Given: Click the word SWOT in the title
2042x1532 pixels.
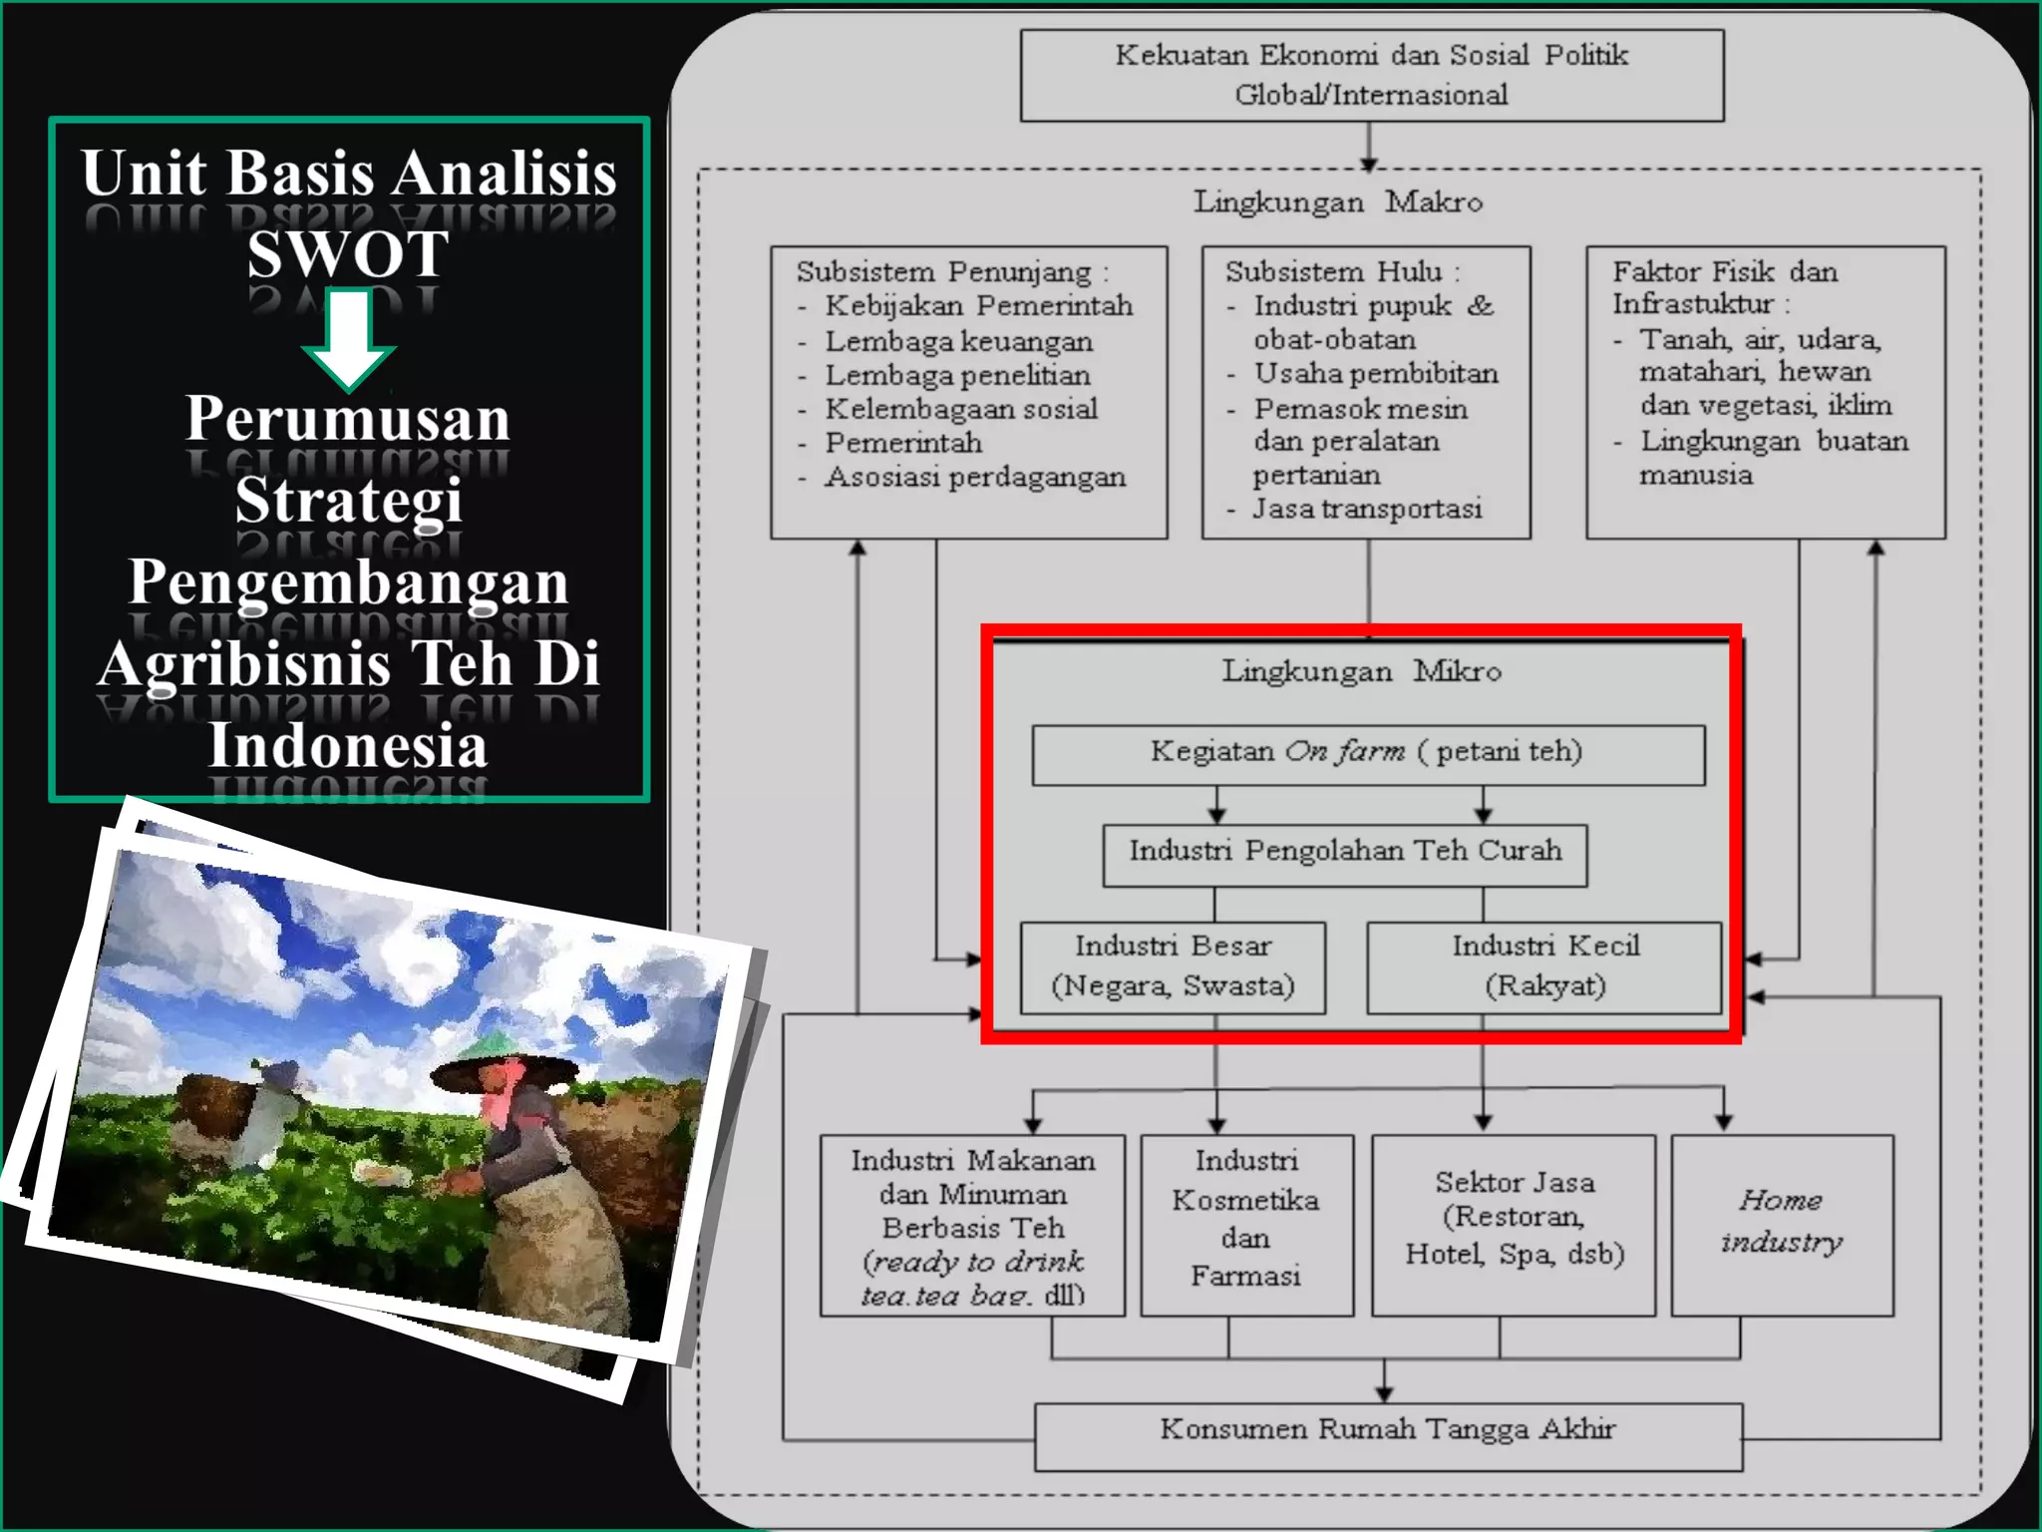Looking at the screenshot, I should [x=347, y=253].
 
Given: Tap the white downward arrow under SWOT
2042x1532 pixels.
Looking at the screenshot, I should [x=348, y=339].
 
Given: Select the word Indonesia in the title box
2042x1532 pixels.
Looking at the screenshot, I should [x=347, y=745].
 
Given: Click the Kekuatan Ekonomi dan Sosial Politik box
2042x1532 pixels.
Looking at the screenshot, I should [x=1371, y=75].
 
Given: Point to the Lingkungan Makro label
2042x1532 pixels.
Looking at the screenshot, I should [x=1338, y=202].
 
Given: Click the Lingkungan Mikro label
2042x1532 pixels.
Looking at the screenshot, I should [x=1361, y=671].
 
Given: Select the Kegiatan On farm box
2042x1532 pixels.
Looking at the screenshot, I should [x=1367, y=754].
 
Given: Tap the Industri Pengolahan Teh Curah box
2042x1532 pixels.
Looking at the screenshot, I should [x=1344, y=854].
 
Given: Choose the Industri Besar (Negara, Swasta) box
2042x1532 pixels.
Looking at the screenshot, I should [x=1173, y=966].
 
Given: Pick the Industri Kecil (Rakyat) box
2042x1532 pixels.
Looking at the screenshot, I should [x=1544, y=966].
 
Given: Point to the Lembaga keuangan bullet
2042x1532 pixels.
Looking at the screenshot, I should [x=958, y=342].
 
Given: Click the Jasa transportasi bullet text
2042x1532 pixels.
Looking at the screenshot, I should [x=1367, y=510].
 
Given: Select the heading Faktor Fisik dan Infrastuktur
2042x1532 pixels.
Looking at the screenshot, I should [x=1724, y=287].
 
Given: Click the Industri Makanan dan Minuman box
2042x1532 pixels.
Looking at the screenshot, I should [x=972, y=1226].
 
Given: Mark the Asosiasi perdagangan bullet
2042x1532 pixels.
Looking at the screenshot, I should [x=974, y=478].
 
